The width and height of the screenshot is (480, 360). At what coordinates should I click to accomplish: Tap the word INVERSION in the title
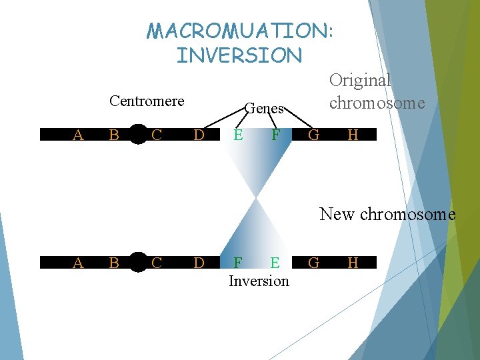coord(239,55)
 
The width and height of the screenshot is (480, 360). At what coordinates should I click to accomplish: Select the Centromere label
coord(147,101)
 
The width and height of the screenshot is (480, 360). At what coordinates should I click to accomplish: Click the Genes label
coord(265,108)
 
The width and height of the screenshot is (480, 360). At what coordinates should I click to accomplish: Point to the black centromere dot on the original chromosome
coord(138,135)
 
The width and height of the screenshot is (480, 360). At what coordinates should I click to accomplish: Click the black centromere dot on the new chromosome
coord(138,263)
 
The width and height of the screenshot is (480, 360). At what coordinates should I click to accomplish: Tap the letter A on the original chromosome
coord(78,135)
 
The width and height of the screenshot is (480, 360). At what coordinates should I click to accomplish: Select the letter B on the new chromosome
coord(114,263)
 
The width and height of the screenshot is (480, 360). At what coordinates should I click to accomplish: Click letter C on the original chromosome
coord(157,135)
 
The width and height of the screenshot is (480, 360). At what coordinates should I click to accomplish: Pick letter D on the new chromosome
coord(199,263)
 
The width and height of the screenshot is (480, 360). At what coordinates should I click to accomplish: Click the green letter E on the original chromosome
coord(237,135)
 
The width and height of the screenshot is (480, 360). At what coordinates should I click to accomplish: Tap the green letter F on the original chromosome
coord(275,135)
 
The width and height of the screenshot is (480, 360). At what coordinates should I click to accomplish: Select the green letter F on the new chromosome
coord(237,263)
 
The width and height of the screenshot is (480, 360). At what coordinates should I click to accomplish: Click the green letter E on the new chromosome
coord(275,263)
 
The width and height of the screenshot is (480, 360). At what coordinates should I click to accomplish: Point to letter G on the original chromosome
coord(314,135)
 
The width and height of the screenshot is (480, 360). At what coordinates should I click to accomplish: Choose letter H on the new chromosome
coord(353,263)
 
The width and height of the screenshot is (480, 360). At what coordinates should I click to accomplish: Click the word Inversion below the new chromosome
coord(259,281)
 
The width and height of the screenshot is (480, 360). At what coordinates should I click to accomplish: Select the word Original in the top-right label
coord(360,81)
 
